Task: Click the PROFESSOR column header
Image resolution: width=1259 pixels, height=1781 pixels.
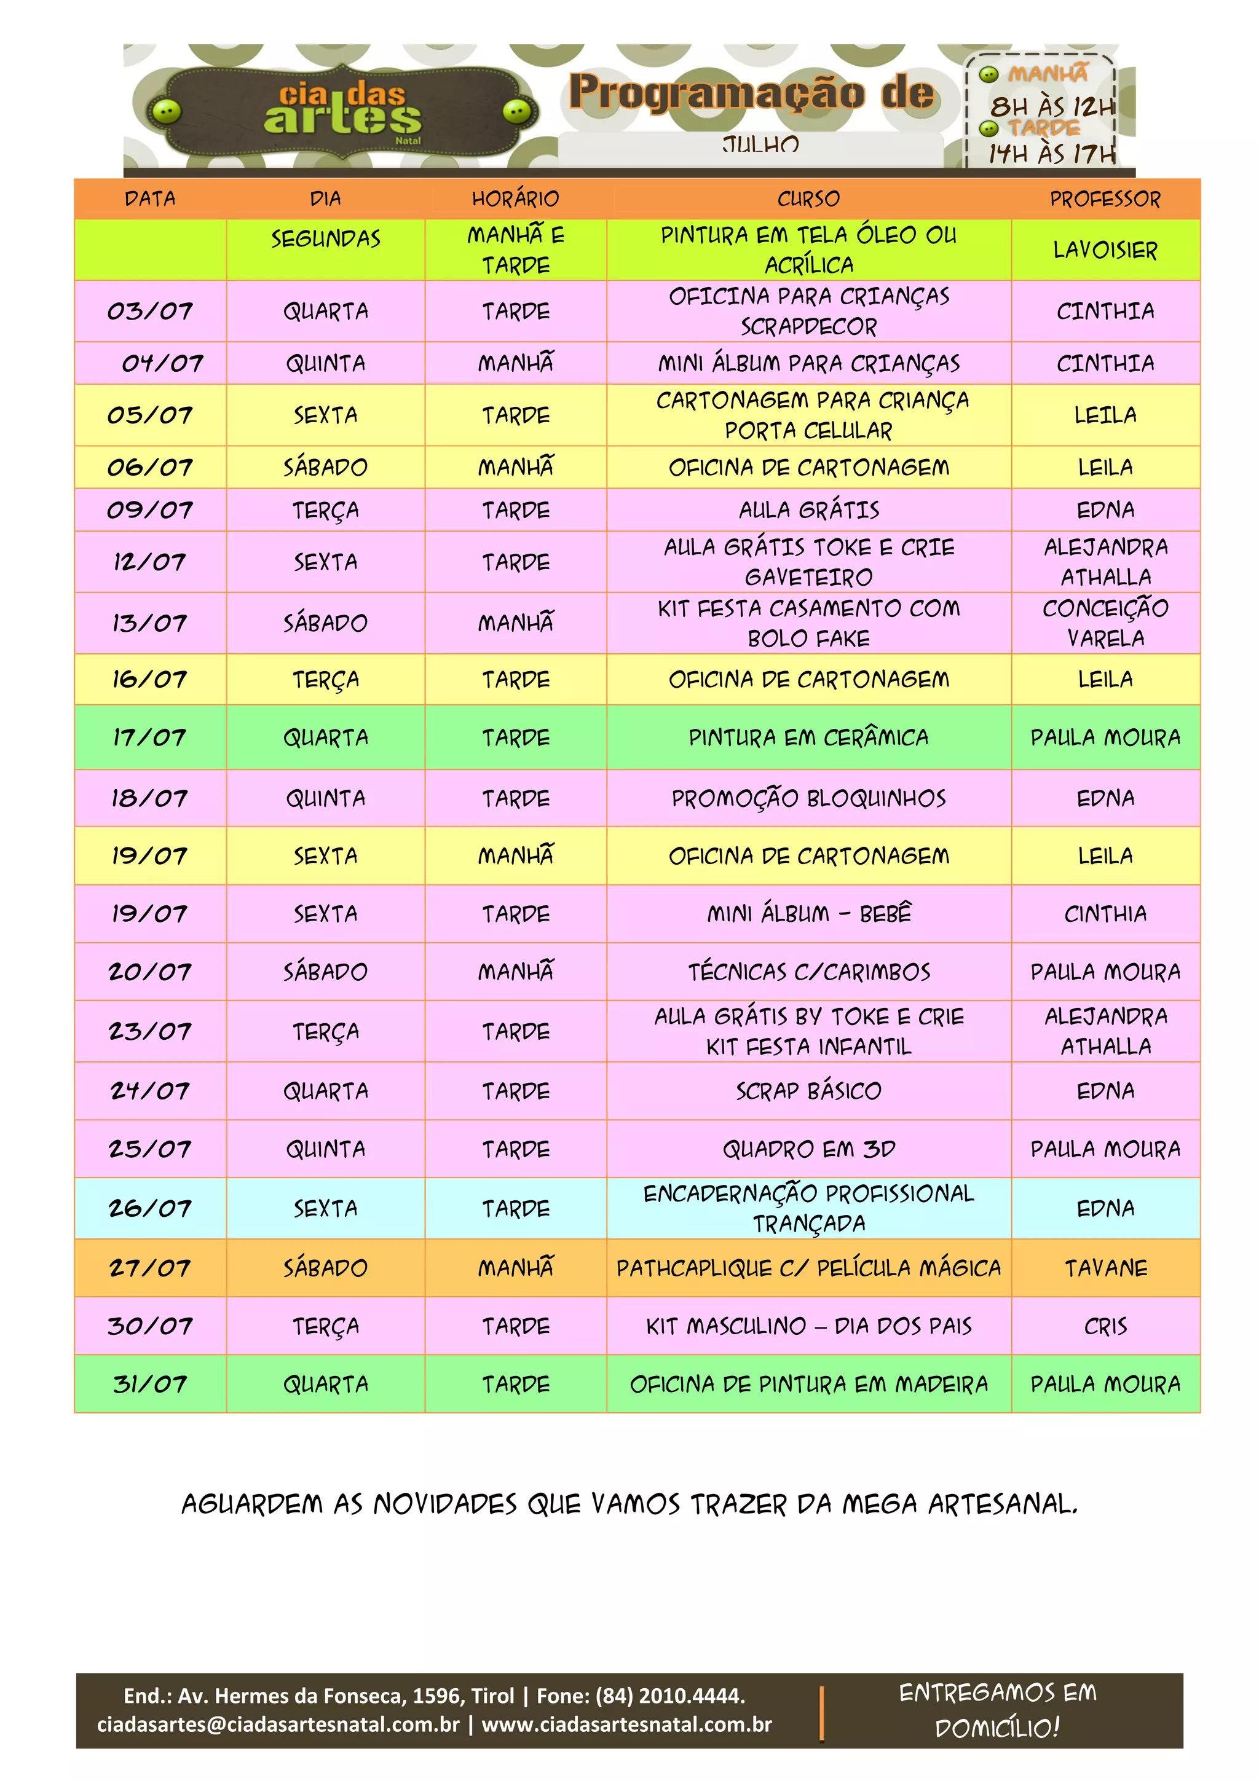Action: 1105,199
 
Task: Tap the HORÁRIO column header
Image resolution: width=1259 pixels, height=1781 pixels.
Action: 515,199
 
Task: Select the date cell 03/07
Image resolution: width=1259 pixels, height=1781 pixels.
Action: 150,311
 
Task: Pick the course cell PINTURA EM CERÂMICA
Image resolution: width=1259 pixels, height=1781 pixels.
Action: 808,737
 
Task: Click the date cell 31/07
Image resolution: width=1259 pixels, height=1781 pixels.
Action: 150,1385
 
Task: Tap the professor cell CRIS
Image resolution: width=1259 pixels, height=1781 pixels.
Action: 1105,1326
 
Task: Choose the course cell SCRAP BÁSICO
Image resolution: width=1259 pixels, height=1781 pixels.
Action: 808,1091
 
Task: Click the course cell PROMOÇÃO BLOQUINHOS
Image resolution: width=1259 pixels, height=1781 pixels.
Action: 808,799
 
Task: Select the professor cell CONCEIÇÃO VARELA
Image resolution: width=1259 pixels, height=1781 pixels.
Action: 1105,624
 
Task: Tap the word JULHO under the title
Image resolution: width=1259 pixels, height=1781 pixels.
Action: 760,145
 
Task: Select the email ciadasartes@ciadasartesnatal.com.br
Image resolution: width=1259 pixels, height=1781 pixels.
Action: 278,1724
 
